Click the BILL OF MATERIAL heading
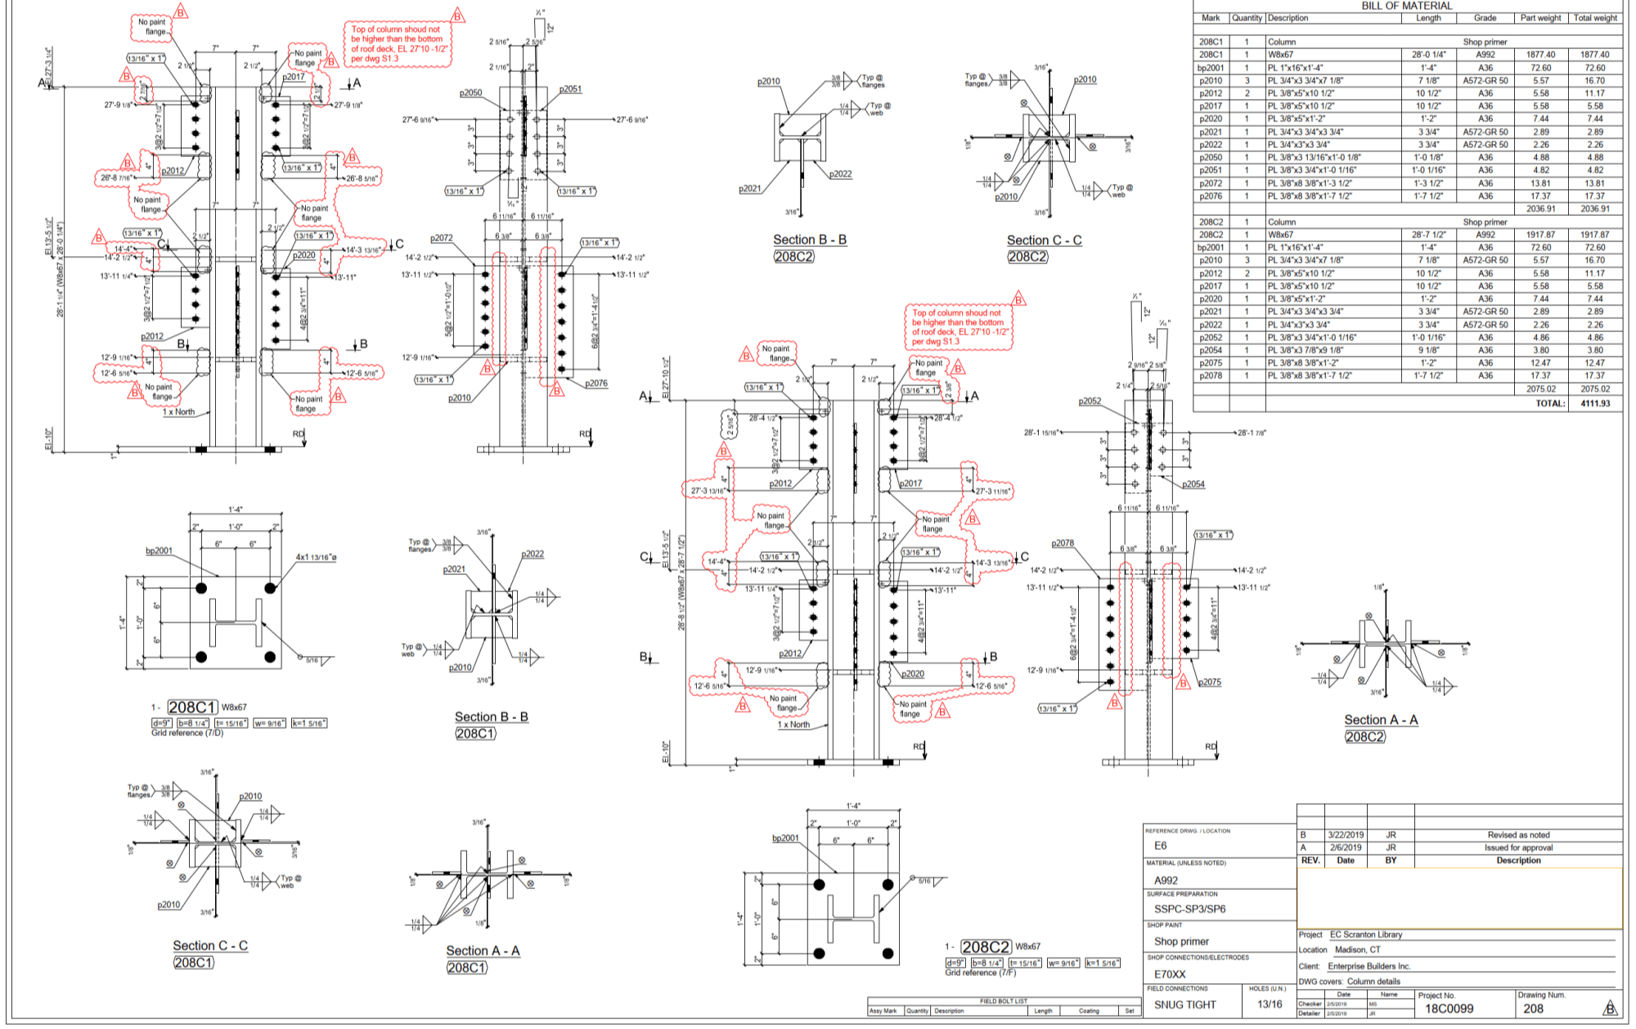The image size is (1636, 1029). tap(1407, 6)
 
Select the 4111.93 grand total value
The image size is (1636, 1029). tap(1595, 403)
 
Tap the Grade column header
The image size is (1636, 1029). tap(1485, 18)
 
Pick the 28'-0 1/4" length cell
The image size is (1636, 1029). tap(1428, 55)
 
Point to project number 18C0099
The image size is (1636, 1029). tap(1449, 1009)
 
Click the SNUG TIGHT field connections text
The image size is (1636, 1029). tap(1184, 1004)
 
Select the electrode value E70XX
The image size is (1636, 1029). tap(1170, 974)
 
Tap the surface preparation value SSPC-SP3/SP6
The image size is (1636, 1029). tap(1189, 909)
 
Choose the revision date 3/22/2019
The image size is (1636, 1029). tap(1346, 835)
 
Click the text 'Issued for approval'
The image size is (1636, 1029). tap(1518, 847)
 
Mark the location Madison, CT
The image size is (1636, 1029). tap(1357, 950)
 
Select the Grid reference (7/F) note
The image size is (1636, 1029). tap(981, 973)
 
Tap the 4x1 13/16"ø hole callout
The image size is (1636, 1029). tap(316, 558)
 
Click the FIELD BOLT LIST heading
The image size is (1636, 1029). tap(1003, 1001)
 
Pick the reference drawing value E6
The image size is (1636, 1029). tap(1160, 846)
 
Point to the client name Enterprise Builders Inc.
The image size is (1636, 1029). tap(1369, 966)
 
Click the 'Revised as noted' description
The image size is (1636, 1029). tap(1518, 835)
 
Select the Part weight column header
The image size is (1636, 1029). tap(1540, 18)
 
